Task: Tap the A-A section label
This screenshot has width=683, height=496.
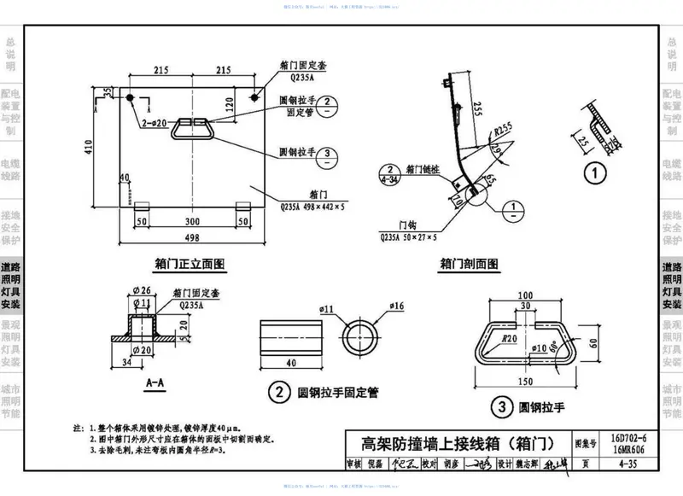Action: pos(155,383)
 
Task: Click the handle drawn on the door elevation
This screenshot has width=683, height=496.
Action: pos(192,128)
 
